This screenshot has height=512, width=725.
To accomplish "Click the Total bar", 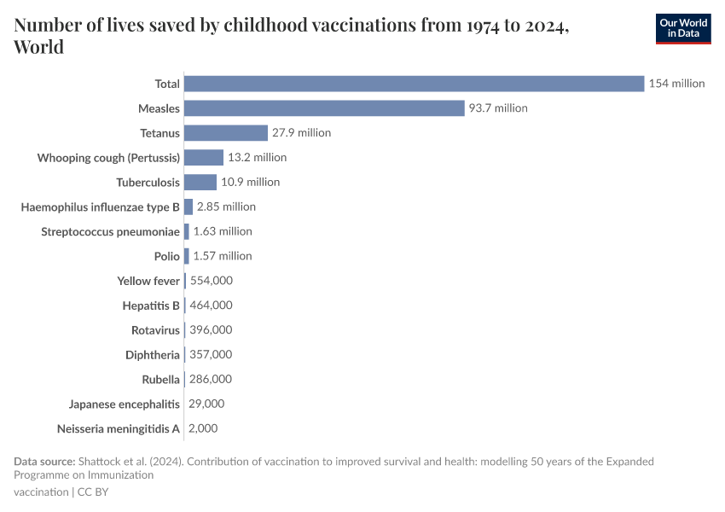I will pos(414,84).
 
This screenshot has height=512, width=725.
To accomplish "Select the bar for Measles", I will pos(324,108).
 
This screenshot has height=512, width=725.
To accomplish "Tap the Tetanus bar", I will pos(226,133).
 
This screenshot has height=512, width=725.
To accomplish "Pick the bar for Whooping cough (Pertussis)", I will pos(204,158).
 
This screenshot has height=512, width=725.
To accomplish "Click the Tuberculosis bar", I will pos(200,182).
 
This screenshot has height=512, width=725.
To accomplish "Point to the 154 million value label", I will pos(676,84).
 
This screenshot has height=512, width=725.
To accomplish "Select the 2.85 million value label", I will pos(226,207).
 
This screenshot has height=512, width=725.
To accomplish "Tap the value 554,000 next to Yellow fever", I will pos(211,280).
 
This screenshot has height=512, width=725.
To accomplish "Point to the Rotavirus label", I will pos(156,330).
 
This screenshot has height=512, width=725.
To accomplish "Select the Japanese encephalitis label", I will pos(125,404).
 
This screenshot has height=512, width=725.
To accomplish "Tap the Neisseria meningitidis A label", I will pos(119,428).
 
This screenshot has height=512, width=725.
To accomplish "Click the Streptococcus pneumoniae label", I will pos(111,231).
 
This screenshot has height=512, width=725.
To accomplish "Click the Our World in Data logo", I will pos(682,28).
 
